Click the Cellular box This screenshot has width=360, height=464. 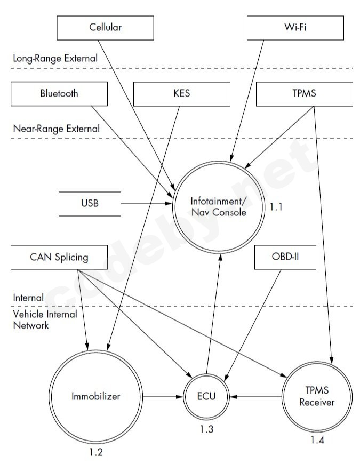[106, 28]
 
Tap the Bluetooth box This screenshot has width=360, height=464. [59, 93]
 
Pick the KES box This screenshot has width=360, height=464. [181, 93]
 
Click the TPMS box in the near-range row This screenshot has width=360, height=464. [305, 93]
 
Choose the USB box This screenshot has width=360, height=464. [90, 203]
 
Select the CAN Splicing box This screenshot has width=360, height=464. [59, 258]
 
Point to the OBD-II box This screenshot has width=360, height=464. [285, 258]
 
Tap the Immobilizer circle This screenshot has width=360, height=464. [96, 397]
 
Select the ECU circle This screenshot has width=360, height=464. [206, 397]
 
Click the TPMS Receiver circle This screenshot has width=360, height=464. [317, 397]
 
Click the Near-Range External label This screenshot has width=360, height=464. [56, 128]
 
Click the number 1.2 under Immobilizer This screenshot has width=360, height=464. [96, 453]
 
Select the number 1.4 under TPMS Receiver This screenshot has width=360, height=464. [317, 441]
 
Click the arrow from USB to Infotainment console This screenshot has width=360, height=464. [147, 203]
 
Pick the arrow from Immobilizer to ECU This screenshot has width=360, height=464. [163, 397]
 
